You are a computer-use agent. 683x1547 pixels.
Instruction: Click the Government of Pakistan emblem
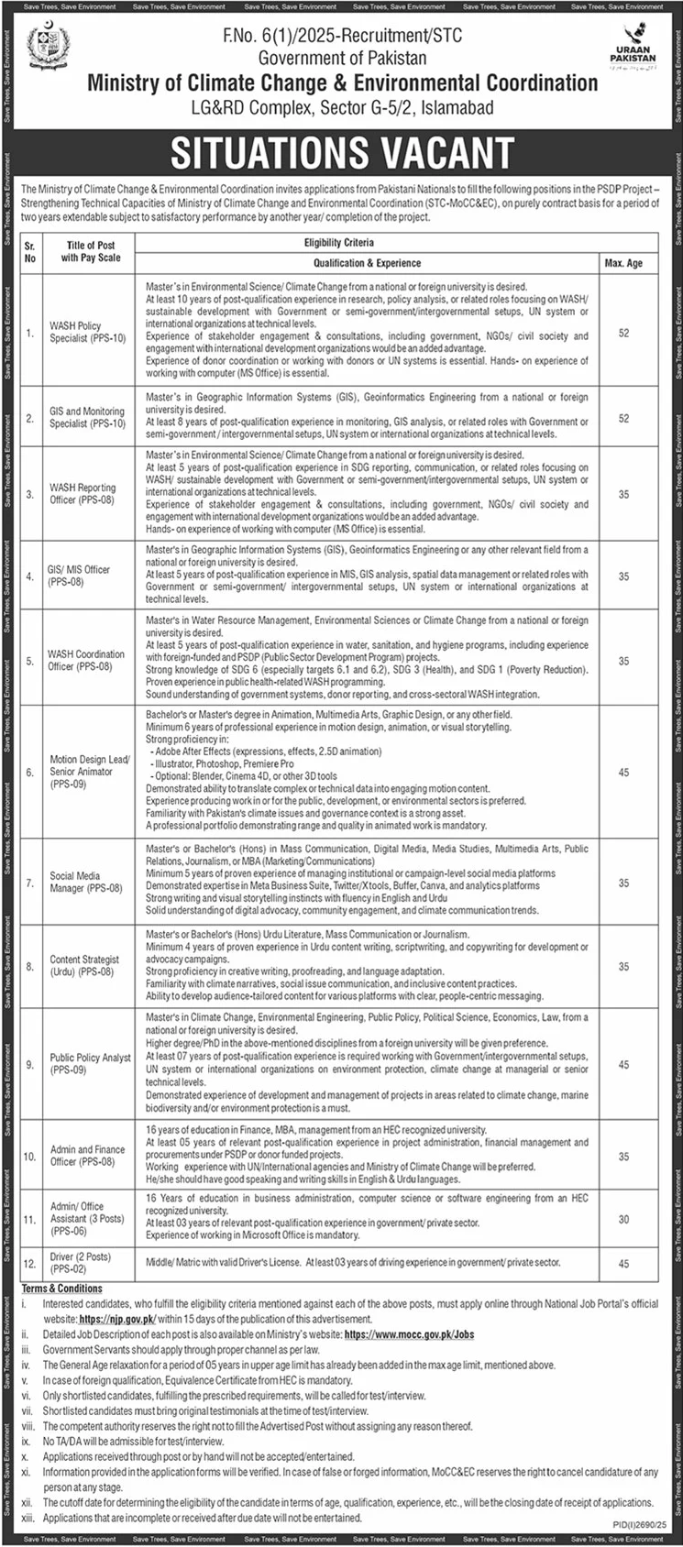point(47,47)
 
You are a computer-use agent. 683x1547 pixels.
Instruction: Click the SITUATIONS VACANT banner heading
point(342,153)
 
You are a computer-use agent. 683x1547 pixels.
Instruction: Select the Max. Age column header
point(623,263)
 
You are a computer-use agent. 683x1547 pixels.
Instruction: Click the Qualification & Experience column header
point(367,263)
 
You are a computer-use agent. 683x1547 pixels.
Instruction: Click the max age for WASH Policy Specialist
point(623,333)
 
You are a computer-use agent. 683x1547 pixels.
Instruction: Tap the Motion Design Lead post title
point(90,772)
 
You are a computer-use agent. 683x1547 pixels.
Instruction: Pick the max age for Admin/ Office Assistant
point(623,1219)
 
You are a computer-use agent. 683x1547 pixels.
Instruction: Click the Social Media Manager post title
point(85,882)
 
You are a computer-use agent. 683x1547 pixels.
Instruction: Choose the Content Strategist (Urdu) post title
point(84,966)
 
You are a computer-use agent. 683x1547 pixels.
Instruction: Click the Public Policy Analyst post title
point(90,1063)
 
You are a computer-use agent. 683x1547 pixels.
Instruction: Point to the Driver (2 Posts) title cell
point(80,1262)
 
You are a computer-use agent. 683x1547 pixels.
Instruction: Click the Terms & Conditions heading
point(62,1288)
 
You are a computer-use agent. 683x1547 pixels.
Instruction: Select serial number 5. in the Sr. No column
point(29,660)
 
